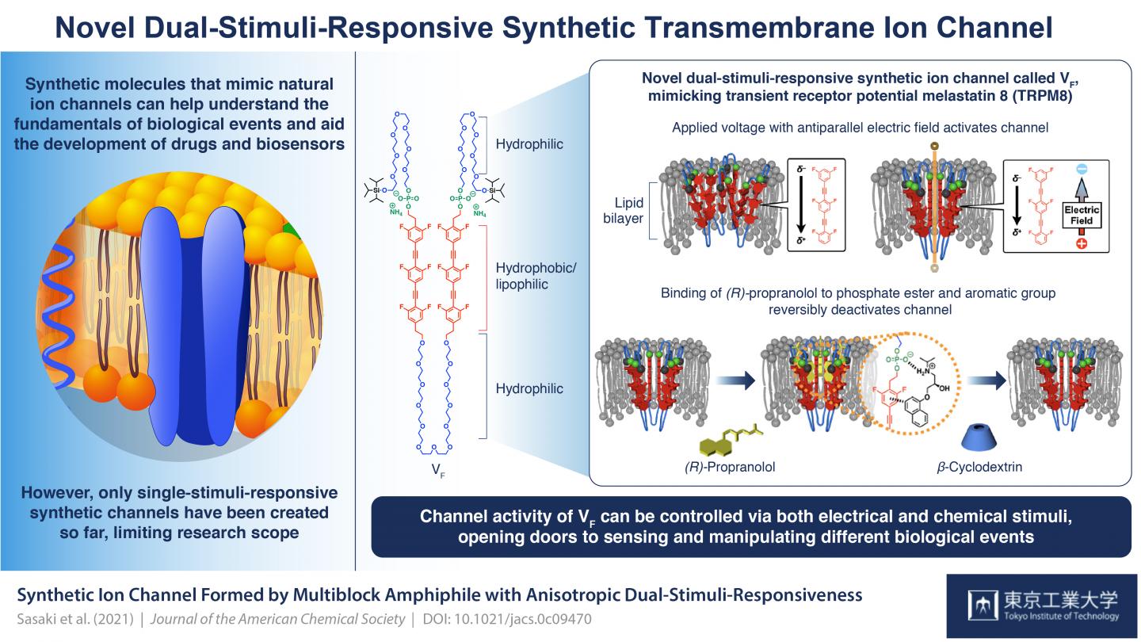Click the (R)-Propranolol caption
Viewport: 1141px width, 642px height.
(731, 467)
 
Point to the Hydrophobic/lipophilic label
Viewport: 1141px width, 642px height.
(536, 276)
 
